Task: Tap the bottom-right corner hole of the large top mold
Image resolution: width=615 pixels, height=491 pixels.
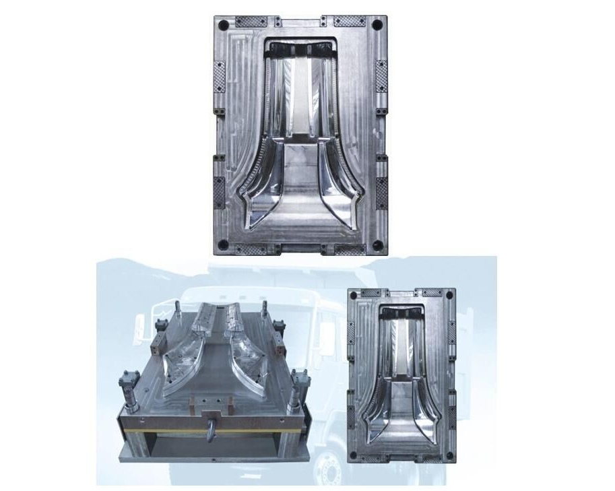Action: [x=377, y=243]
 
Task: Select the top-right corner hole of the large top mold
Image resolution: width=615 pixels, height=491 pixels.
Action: [x=377, y=25]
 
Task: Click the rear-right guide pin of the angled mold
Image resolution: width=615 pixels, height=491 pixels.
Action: [x=264, y=311]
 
